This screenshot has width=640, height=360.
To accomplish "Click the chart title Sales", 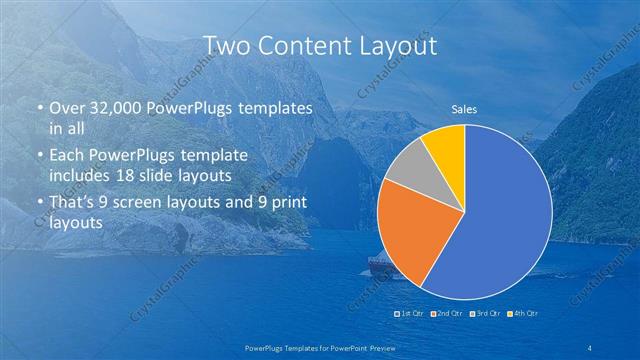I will pyautogui.click(x=463, y=109).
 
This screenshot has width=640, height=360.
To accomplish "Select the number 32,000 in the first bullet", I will pyautogui.click(x=105, y=107).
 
